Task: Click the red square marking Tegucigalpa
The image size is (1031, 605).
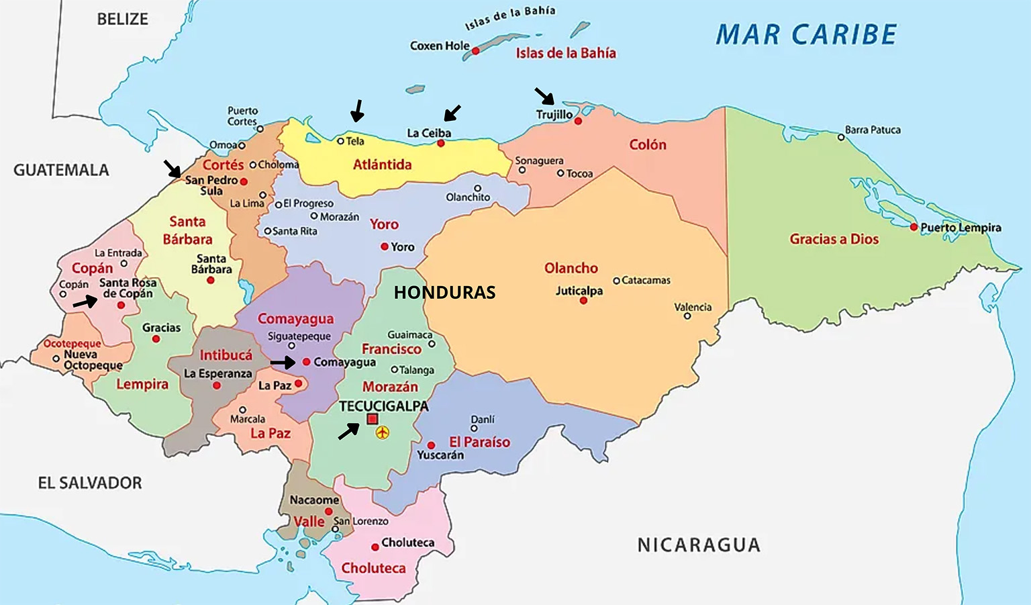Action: click(373, 419)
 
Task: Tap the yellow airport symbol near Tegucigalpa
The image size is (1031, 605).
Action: click(383, 432)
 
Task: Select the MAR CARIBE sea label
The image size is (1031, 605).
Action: click(805, 35)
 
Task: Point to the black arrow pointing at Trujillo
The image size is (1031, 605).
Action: click(544, 96)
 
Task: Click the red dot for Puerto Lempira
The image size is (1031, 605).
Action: click(914, 227)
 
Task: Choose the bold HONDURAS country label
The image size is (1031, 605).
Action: click(444, 292)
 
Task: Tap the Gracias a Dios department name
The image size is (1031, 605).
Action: click(834, 239)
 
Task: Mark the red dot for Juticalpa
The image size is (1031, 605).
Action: click(583, 301)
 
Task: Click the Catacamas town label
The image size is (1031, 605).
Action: click(646, 280)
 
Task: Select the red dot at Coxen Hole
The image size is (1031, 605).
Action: click(475, 51)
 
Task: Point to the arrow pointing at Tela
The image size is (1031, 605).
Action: click(357, 111)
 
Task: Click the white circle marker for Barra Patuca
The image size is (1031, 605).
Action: click(841, 138)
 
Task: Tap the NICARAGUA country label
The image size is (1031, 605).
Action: click(699, 545)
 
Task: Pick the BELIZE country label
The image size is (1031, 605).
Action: click(122, 19)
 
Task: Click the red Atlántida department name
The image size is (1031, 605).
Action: click(382, 165)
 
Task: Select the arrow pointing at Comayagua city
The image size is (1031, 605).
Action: click(283, 363)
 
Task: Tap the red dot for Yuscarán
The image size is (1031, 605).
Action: click(431, 445)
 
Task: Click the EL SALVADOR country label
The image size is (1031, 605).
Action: click(90, 483)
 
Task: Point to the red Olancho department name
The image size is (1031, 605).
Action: click(571, 268)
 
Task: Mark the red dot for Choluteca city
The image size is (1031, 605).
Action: click(375, 547)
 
